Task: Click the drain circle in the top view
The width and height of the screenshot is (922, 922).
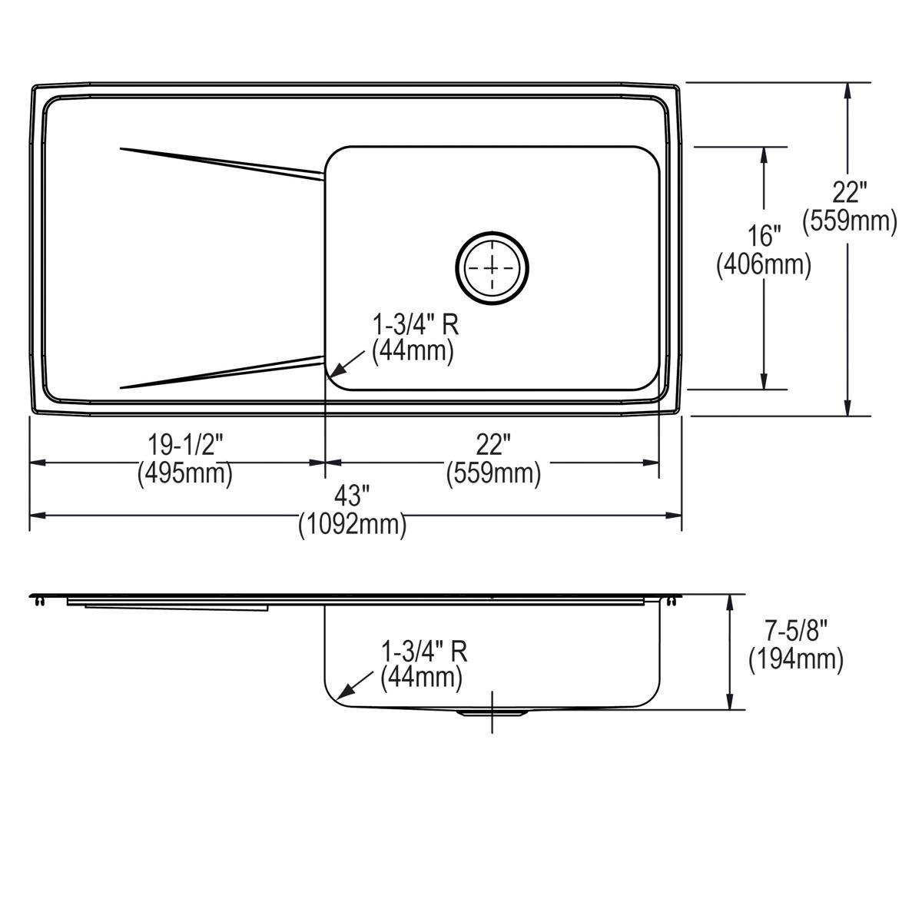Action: (x=492, y=267)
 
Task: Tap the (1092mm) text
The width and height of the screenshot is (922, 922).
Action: (x=352, y=525)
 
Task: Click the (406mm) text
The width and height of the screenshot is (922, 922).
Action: (x=763, y=265)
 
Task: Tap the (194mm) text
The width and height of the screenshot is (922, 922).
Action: (x=795, y=658)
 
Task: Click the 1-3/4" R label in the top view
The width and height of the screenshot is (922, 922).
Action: (x=415, y=324)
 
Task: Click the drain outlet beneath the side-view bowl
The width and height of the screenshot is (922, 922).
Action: (x=492, y=714)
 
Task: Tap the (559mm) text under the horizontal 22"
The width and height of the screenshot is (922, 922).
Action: (x=493, y=473)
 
